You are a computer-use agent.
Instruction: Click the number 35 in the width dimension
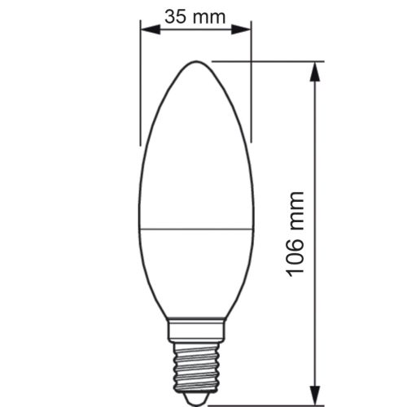point(175,15)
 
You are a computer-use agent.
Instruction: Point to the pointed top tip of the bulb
point(195,63)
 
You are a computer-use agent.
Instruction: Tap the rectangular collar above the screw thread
point(195,329)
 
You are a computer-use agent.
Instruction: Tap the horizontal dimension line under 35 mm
point(195,30)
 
